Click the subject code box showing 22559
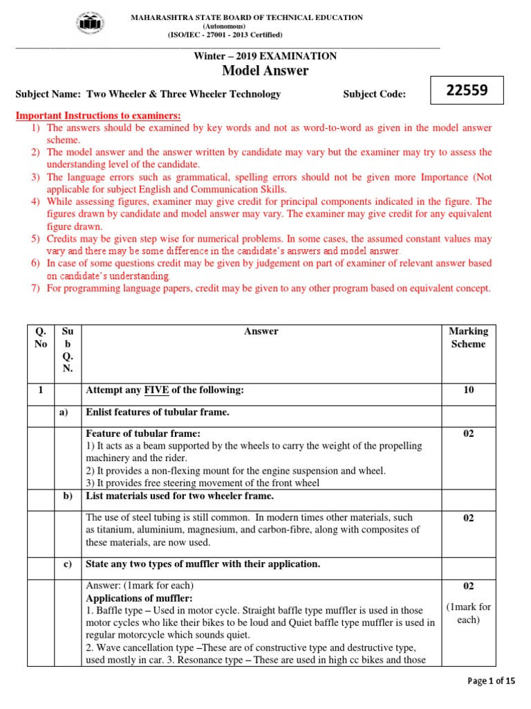(467, 91)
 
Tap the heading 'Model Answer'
(265, 71)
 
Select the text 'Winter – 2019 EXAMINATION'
(265, 56)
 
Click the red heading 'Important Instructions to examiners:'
(98, 115)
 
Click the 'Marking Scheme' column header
(468, 337)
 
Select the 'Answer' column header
(261, 332)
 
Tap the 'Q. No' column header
(41, 337)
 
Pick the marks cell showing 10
(468, 391)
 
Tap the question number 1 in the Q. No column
(41, 391)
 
